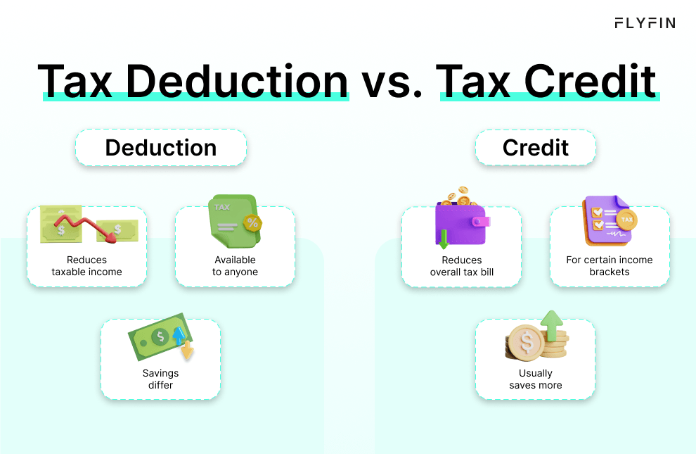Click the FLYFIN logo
tap(645, 23)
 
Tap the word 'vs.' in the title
tap(394, 82)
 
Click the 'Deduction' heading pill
tap(161, 148)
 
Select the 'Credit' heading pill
tap(536, 148)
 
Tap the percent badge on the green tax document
tap(251, 224)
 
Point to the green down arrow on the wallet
tap(444, 239)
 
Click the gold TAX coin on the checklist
tap(626, 220)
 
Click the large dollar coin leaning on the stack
tap(525, 343)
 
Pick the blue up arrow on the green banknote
tap(178, 334)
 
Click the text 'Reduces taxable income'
tap(86, 266)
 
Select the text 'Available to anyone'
tap(235, 266)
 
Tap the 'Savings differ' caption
tap(160, 379)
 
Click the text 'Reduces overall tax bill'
tap(462, 266)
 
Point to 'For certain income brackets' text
tap(610, 266)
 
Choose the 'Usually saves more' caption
tap(536, 379)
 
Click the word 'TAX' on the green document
tap(222, 208)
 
